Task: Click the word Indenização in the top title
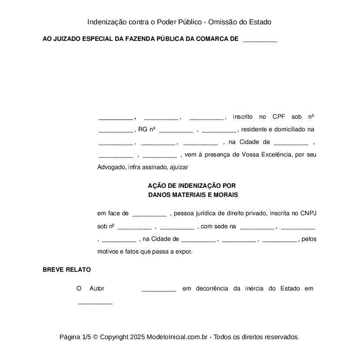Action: pos(107,22)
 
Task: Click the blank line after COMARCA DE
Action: pos(260,40)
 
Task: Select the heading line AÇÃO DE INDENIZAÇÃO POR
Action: pos(192,185)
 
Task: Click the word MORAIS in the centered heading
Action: pos(225,195)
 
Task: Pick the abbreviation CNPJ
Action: pos(308,213)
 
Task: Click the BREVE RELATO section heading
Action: pos(67,270)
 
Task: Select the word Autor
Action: pos(97,288)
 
